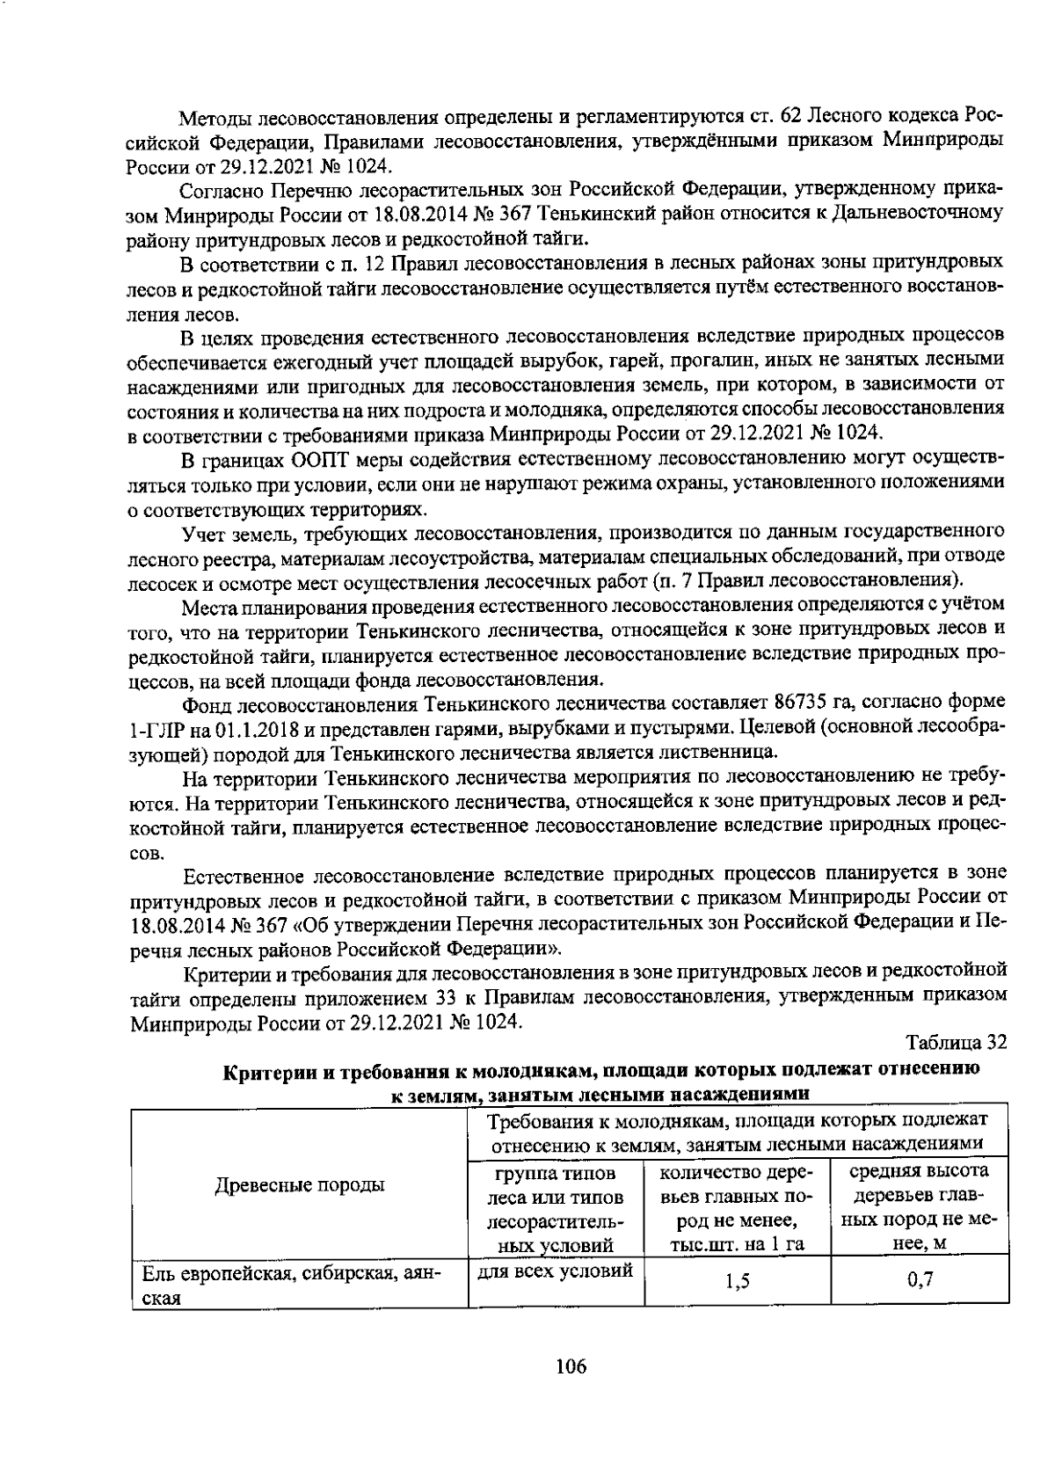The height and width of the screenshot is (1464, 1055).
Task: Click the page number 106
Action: (x=571, y=1366)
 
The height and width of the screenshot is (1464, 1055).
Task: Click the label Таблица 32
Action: (x=955, y=1042)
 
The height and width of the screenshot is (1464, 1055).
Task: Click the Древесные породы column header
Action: (x=300, y=1184)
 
